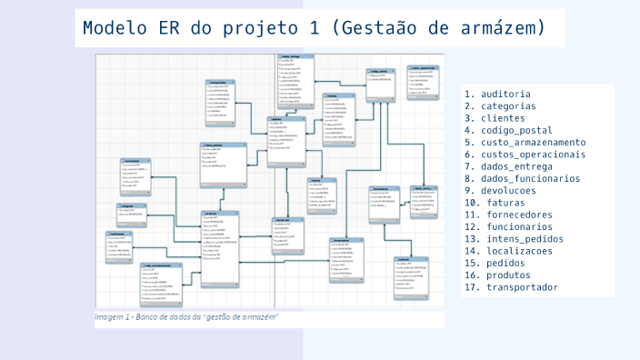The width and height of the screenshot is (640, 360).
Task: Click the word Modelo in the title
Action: (x=114, y=28)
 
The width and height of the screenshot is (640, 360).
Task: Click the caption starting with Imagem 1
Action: (x=187, y=316)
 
